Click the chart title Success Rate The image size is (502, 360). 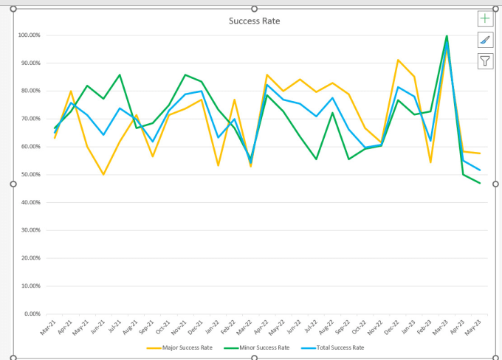pyautogui.click(x=255, y=21)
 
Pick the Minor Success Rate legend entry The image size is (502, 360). pyautogui.click(x=263, y=347)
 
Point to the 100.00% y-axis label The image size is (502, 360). pyautogui.click(x=28, y=35)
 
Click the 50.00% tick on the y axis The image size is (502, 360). pyautogui.click(x=30, y=175)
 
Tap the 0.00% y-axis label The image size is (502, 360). pyautogui.click(x=31, y=314)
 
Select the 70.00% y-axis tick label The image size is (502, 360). pyautogui.click(x=30, y=119)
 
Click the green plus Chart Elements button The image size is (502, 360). pyautogui.click(x=485, y=18)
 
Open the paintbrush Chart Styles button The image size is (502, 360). pyautogui.click(x=485, y=40)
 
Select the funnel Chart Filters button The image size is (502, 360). pyautogui.click(x=485, y=61)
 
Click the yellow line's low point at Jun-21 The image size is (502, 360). pyautogui.click(x=103, y=175)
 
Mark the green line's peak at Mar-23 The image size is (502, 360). pyautogui.click(x=447, y=35)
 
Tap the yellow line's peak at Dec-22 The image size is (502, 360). pyautogui.click(x=399, y=60)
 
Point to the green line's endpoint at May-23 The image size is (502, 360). pyautogui.click(x=481, y=183)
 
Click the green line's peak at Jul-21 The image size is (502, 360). pyautogui.click(x=120, y=75)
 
